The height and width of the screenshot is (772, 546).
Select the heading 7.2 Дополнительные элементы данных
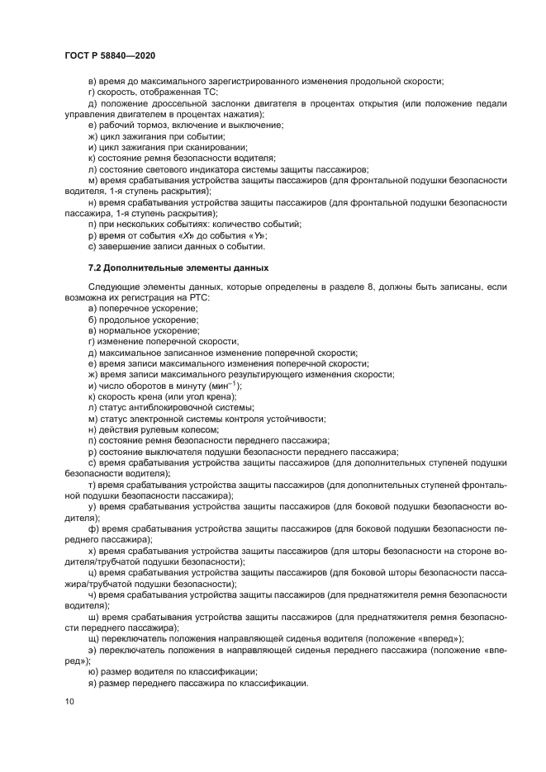coord(178,268)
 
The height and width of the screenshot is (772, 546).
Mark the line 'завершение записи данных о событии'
coord(177,246)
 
